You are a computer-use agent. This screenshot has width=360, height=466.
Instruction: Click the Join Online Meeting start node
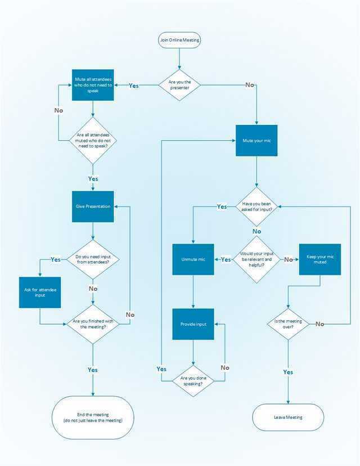(x=179, y=41)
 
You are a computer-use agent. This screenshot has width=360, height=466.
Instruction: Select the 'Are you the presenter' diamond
(x=179, y=85)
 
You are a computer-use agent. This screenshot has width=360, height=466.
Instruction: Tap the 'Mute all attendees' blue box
(x=93, y=85)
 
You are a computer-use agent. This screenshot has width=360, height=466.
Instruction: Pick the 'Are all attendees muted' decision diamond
(x=93, y=140)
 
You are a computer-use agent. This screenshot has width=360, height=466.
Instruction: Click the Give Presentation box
(x=93, y=207)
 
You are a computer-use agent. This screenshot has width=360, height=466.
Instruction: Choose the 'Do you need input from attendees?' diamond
(x=93, y=259)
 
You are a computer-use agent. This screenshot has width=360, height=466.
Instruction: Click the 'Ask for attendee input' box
(x=39, y=292)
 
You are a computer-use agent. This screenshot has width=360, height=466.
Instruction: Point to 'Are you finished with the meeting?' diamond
(x=93, y=324)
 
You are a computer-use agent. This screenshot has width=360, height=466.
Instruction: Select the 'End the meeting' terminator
(x=93, y=417)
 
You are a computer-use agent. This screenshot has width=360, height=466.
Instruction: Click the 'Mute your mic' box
(x=256, y=140)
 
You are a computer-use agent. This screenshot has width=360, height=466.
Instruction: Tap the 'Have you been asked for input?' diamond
(x=256, y=207)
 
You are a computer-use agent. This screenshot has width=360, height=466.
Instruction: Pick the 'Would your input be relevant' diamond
(x=256, y=259)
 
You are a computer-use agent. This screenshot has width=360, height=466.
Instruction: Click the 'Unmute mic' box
(x=193, y=259)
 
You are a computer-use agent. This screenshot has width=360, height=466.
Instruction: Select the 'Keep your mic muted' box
(x=320, y=259)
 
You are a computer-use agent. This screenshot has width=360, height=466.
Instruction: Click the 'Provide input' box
(x=193, y=324)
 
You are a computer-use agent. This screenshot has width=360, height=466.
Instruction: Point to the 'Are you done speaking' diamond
(x=193, y=381)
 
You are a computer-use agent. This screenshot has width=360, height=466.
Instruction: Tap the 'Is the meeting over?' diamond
(x=288, y=324)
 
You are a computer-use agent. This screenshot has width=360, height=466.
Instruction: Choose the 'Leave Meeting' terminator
(x=288, y=418)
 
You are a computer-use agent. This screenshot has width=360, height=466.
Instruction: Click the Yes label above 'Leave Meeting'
(x=288, y=372)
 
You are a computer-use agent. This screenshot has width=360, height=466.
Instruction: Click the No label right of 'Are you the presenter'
(x=249, y=85)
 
